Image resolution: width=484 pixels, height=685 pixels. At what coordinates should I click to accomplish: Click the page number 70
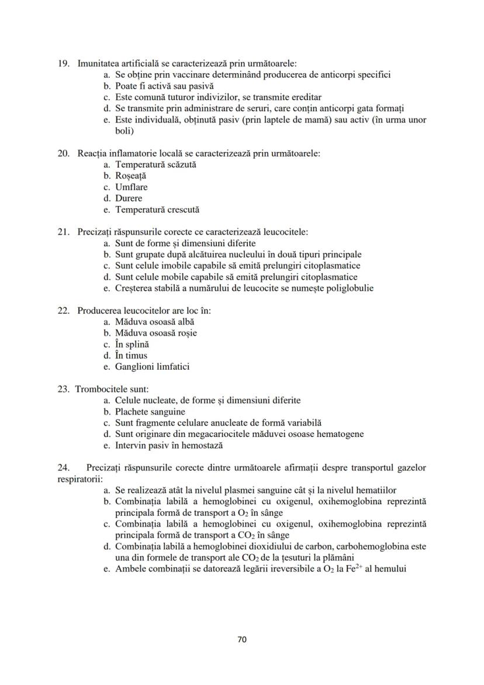[242, 639]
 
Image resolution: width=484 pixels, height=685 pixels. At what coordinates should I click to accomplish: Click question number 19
[63, 64]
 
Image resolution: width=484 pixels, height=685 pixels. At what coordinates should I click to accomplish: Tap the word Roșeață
[131, 176]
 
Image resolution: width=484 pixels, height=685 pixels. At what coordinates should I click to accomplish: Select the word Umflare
[132, 187]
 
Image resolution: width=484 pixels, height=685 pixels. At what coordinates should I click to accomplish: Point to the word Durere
[129, 198]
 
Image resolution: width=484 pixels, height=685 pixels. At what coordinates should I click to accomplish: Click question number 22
[63, 311]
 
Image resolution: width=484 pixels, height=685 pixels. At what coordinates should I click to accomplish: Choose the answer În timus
[131, 356]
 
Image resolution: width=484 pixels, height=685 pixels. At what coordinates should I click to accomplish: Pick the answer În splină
[132, 345]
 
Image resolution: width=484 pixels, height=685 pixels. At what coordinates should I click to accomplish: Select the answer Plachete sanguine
[150, 412]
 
